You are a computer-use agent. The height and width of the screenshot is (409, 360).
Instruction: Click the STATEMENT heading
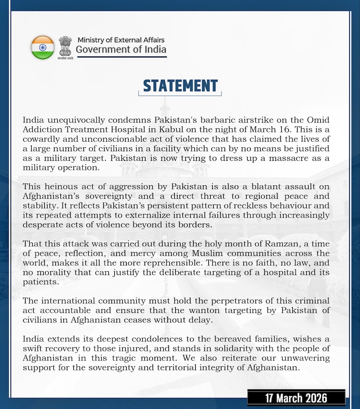tap(180, 86)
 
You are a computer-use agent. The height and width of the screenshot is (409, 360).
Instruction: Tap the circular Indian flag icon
tap(43, 47)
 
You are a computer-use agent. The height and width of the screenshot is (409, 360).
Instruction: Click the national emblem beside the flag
tap(65, 47)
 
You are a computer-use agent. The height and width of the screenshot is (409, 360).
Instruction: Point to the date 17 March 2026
tap(297, 398)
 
